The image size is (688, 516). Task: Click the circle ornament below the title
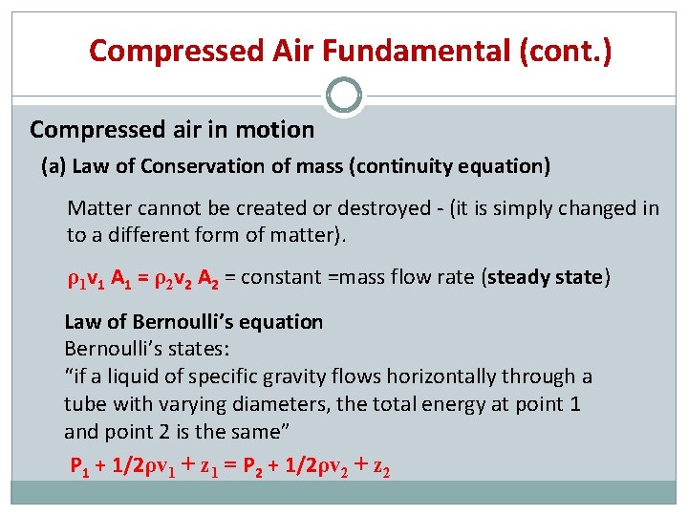coord(344,96)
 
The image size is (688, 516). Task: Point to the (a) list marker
coord(54,167)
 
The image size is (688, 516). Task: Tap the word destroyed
coord(350,208)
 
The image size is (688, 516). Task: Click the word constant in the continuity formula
coord(280,278)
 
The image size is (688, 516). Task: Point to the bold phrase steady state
coord(546,278)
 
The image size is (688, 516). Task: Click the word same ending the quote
coord(259,431)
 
